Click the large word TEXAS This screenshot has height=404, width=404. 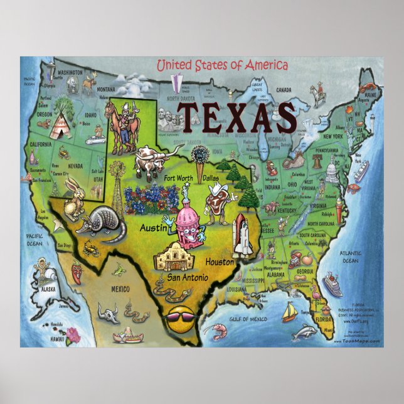[x=236, y=118]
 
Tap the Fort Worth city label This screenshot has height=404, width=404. [x=178, y=178]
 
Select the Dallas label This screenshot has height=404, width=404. [x=211, y=178]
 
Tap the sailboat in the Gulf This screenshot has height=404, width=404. [x=289, y=312]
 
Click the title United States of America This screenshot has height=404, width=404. [x=221, y=65]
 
